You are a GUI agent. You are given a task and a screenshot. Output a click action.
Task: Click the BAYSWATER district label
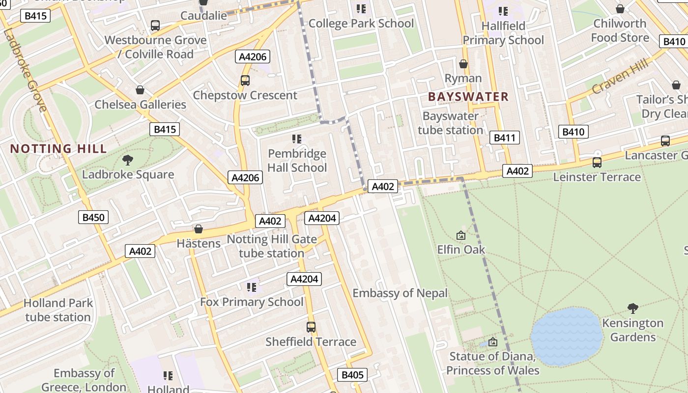click(468, 97)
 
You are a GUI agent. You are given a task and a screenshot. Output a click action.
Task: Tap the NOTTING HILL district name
click(58, 149)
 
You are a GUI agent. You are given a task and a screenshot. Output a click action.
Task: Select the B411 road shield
click(504, 138)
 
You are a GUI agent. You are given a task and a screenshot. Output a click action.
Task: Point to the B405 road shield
click(352, 375)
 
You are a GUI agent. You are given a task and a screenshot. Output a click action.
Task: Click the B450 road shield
click(93, 217)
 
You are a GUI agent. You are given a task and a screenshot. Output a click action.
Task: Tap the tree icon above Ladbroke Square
click(128, 160)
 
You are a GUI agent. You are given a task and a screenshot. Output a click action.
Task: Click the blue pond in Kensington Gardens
click(567, 337)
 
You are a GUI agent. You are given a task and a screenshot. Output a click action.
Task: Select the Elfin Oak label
click(461, 250)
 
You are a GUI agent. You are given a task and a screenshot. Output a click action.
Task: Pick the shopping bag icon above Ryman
click(463, 64)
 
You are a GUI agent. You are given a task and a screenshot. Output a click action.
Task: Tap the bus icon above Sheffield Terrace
click(311, 327)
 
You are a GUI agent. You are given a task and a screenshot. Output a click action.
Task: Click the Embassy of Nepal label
click(400, 293)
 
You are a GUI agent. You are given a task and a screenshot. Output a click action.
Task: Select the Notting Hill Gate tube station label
click(271, 247)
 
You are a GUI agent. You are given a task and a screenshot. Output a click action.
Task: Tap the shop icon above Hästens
click(199, 229)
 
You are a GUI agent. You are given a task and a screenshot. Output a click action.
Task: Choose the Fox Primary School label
click(252, 302)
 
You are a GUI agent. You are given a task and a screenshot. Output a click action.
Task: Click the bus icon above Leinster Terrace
click(597, 162)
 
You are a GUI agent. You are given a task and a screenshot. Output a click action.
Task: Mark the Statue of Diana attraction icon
click(493, 341)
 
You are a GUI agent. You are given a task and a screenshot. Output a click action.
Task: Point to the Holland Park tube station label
click(58, 310)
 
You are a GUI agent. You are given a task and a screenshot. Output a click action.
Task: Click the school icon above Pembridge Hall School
click(296, 139)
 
